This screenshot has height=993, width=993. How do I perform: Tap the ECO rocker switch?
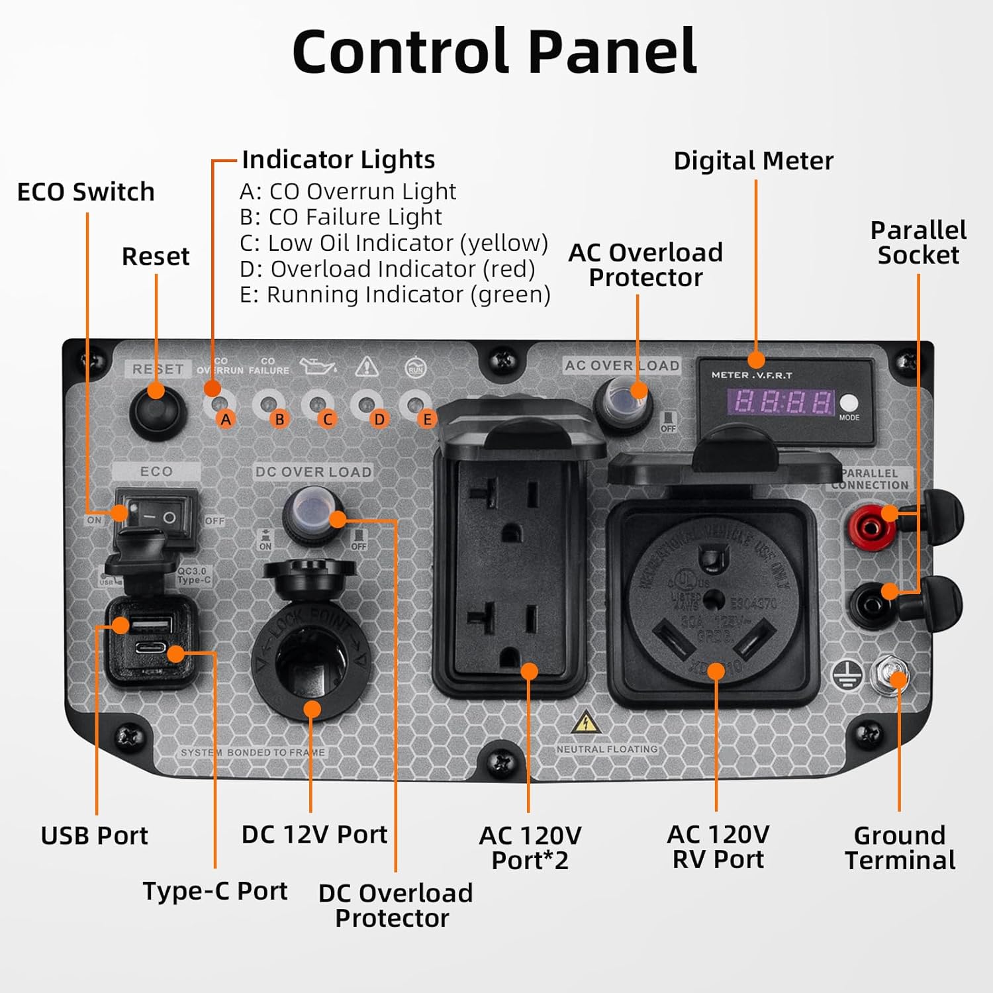tap(156, 517)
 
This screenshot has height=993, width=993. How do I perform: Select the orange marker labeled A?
tap(226, 419)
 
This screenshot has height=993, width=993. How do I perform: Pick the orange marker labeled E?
tap(427, 419)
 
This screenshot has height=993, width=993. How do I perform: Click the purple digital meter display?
tap(781, 402)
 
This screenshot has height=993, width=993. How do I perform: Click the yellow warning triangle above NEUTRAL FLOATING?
tap(585, 723)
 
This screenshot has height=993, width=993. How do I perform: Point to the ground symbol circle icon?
tap(847, 676)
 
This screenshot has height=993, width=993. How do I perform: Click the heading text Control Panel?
tap(495, 51)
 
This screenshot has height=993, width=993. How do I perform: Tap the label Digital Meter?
tap(753, 161)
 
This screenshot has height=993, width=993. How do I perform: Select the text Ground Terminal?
tap(900, 848)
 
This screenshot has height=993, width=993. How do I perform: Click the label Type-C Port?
tap(215, 891)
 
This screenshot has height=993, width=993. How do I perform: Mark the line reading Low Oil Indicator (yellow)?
tap(394, 243)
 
